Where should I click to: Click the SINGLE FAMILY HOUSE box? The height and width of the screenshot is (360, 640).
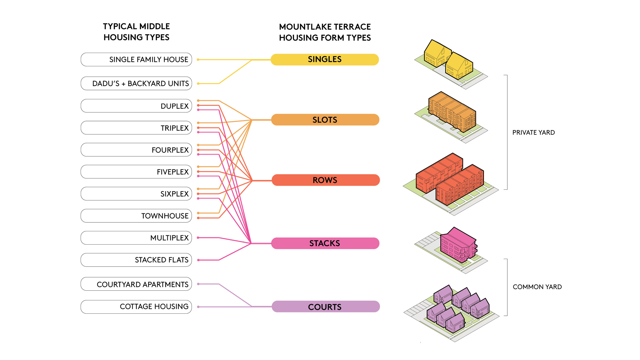pyautogui.click(x=136, y=60)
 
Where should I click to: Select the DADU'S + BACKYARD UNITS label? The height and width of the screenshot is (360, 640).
pyautogui.click(x=136, y=84)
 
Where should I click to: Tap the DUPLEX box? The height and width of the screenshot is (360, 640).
pyautogui.click(x=136, y=106)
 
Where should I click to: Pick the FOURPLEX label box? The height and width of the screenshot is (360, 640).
pyautogui.click(x=136, y=150)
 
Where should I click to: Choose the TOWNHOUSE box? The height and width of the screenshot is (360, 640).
pyautogui.click(x=136, y=216)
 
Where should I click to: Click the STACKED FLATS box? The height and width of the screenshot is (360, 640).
pyautogui.click(x=136, y=260)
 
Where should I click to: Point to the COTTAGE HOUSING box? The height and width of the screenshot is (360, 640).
pyautogui.click(x=136, y=307)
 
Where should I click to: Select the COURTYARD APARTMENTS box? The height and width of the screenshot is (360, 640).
pyautogui.click(x=136, y=284)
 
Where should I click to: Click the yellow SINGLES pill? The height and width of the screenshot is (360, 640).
pyautogui.click(x=325, y=60)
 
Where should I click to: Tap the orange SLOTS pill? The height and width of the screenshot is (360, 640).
pyautogui.click(x=325, y=120)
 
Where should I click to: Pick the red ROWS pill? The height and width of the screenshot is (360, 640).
pyautogui.click(x=325, y=180)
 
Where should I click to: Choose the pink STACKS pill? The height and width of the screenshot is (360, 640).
pyautogui.click(x=325, y=243)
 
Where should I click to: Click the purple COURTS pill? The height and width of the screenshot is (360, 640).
pyautogui.click(x=325, y=307)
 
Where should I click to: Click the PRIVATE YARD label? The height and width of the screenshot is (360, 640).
pyautogui.click(x=533, y=133)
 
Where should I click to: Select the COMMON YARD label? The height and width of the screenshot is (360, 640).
pyautogui.click(x=537, y=287)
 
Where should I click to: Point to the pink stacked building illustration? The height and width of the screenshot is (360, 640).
pyautogui.click(x=457, y=246)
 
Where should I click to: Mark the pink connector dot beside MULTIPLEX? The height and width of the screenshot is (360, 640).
pyautogui.click(x=198, y=238)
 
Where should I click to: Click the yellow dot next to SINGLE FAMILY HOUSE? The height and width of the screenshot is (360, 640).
pyautogui.click(x=198, y=60)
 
